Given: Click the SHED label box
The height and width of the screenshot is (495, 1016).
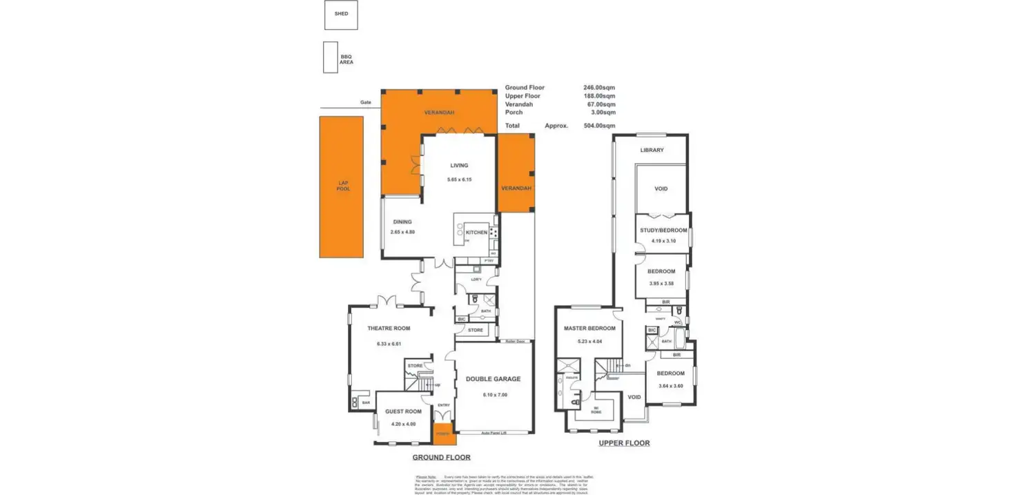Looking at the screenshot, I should pos(341,14).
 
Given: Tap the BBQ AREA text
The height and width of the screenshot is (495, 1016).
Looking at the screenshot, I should pos(346,59).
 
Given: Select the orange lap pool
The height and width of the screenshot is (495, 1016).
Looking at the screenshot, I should pos(341,186).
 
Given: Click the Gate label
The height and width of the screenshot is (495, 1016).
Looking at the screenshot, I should pos(365,102).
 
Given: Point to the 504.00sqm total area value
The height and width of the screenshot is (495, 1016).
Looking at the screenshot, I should pos(598,126).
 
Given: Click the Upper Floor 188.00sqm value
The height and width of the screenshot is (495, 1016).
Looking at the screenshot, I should pos(598,96).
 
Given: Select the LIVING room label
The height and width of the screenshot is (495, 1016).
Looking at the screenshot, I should pos(459,166).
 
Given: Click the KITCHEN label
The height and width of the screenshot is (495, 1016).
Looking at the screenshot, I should pos(476,233).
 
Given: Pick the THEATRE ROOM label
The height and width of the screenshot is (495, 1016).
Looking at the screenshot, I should pos(389,329).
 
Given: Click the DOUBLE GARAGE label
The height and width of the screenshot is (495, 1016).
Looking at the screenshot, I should pos(493,379).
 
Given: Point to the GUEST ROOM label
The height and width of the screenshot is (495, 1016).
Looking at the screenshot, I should pos(404,411).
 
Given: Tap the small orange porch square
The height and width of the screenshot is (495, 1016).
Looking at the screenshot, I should pos(442,434).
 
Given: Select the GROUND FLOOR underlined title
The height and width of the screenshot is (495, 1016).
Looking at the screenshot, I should pos(441,458).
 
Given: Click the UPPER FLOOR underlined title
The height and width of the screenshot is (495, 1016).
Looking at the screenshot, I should pos(624,443).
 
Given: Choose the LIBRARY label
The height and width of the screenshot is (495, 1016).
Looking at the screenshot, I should pos(652,150).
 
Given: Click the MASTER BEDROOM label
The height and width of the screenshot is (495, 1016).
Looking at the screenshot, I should pos(589,329).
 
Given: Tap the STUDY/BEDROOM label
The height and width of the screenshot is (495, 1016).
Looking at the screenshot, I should pos(663,230).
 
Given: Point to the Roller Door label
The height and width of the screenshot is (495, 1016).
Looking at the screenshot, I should pos(516,341).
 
